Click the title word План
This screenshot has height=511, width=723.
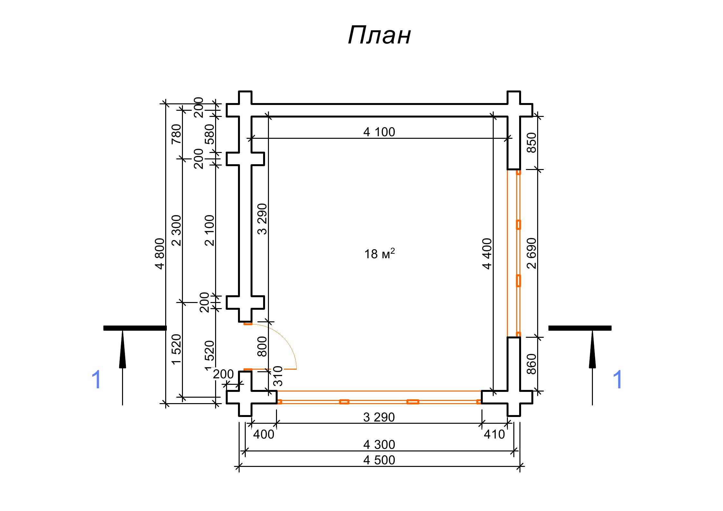click(379, 35)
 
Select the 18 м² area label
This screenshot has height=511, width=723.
click(379, 254)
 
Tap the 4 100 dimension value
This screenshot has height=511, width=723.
click(379, 132)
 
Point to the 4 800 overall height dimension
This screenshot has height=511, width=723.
click(160, 254)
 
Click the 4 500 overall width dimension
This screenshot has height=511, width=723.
click(379, 460)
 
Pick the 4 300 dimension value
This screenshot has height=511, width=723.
click(379, 445)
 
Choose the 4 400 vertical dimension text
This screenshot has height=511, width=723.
click(487, 254)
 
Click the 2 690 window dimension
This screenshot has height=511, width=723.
click(531, 253)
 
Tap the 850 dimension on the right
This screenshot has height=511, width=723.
click(531, 143)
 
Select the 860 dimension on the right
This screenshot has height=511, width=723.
click(531, 364)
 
